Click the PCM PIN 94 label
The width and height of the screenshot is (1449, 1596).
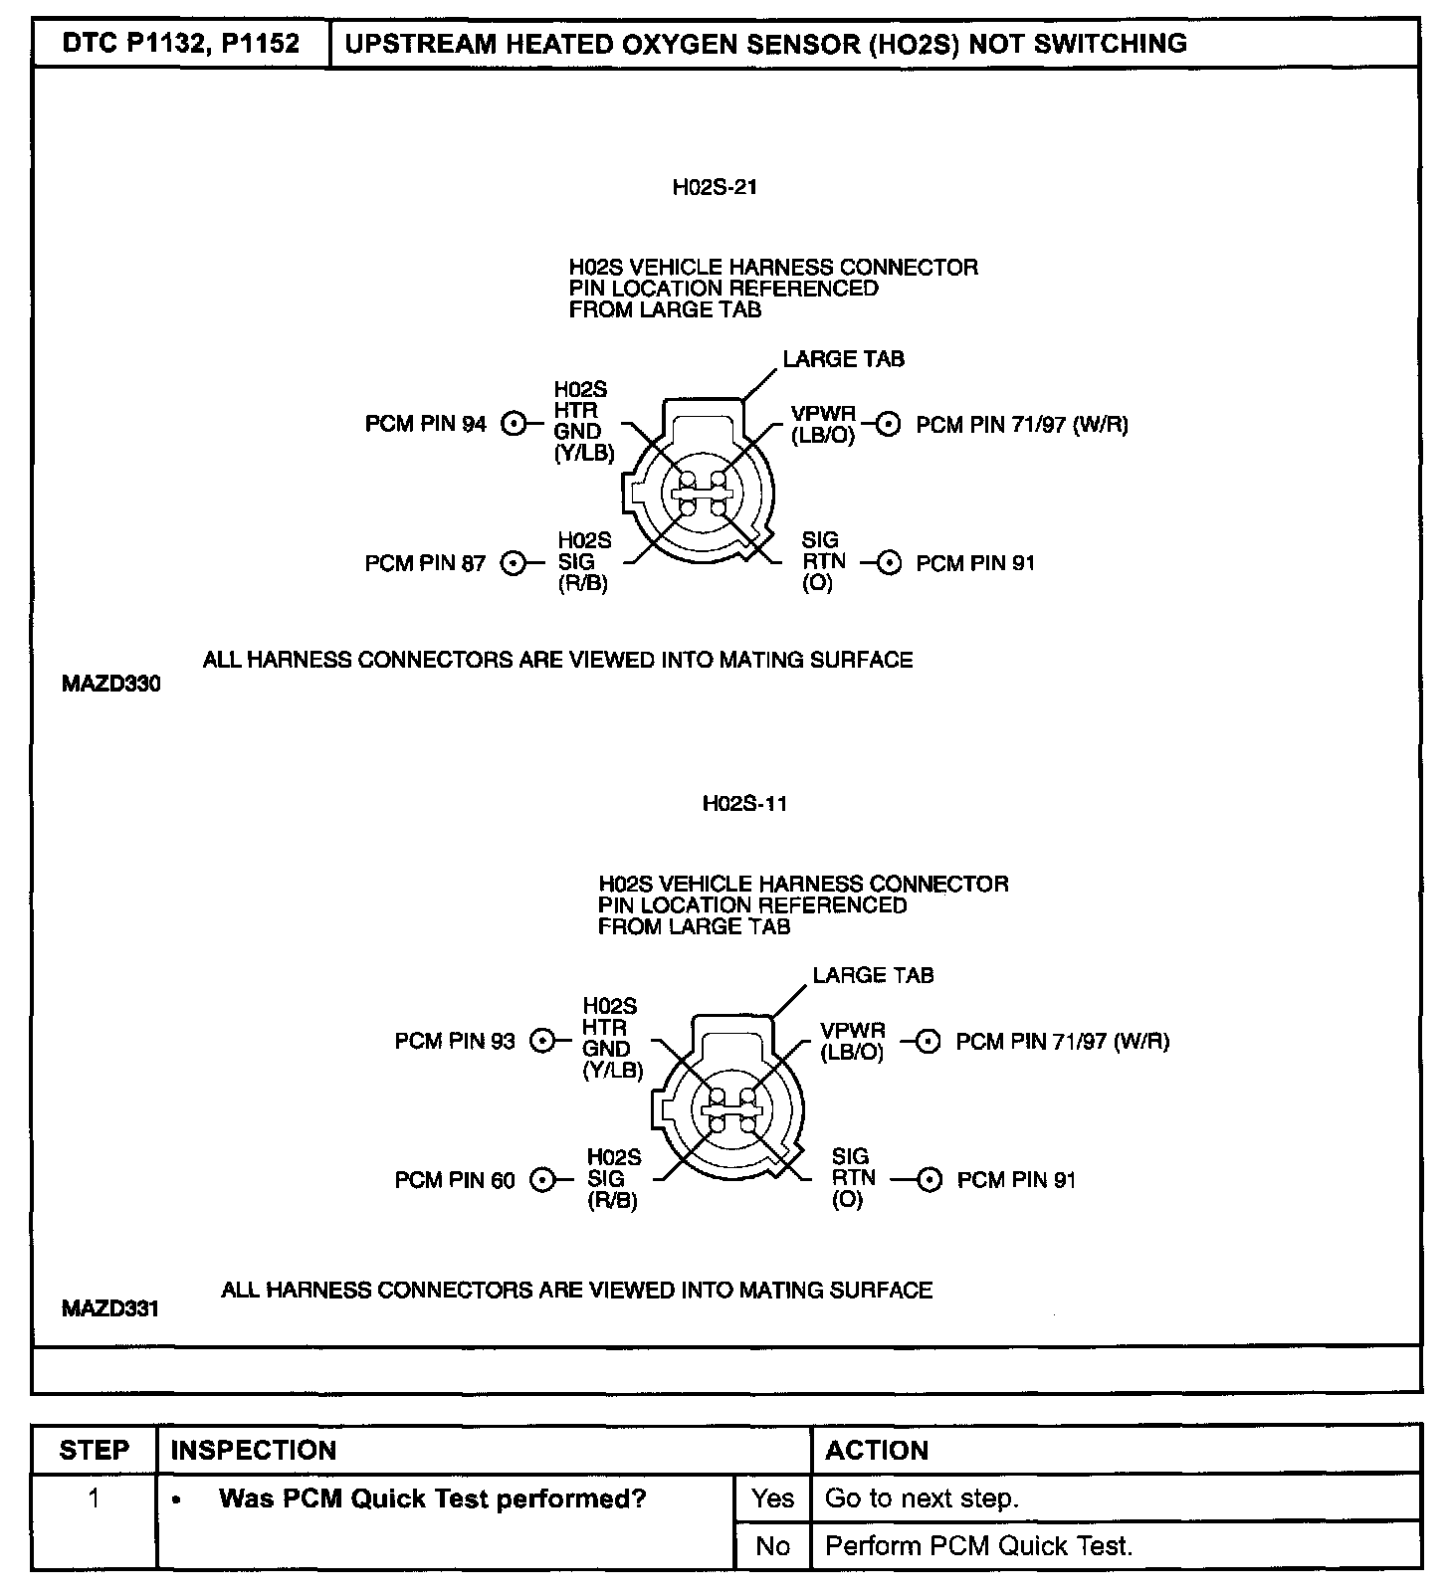tap(425, 424)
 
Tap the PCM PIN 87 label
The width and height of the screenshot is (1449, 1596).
tap(425, 563)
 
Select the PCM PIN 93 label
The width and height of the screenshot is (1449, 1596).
tap(455, 1041)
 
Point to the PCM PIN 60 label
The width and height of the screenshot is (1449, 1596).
tap(455, 1180)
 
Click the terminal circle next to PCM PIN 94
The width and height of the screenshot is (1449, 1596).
tap(514, 424)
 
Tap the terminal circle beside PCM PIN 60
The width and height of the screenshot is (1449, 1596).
tap(542, 1180)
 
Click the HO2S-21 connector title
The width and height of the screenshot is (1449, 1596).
tap(715, 187)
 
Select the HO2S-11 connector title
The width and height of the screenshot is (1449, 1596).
tap(744, 804)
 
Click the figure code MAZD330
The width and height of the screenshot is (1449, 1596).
tap(110, 685)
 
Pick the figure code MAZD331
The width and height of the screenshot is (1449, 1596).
tap(110, 1308)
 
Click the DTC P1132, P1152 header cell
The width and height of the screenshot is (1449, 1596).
tap(180, 44)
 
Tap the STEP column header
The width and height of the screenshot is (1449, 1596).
tap(94, 1450)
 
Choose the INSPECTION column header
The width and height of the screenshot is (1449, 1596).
tap(254, 1450)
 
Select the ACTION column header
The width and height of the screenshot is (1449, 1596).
tap(877, 1450)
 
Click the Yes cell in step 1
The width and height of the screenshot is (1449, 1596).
tap(772, 1498)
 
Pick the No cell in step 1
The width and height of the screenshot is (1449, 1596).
tap(772, 1545)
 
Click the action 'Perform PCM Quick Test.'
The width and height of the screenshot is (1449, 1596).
tap(979, 1545)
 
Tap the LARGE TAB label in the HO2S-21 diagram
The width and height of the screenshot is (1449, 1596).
tap(843, 358)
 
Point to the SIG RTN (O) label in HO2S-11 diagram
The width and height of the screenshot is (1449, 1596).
tap(854, 1178)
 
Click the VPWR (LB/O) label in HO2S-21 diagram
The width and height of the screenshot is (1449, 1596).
tap(823, 425)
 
